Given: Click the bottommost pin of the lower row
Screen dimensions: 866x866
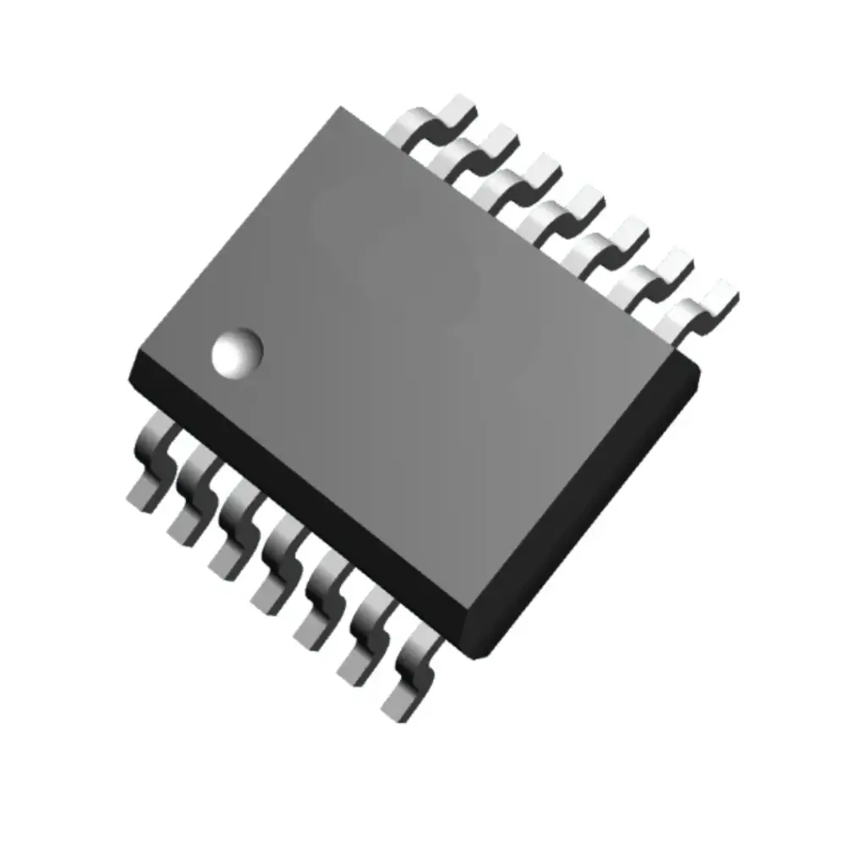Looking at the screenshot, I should [409, 681].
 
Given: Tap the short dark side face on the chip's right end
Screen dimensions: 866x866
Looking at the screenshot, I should [592, 507].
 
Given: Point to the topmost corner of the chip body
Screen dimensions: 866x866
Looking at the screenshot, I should [341, 107].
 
